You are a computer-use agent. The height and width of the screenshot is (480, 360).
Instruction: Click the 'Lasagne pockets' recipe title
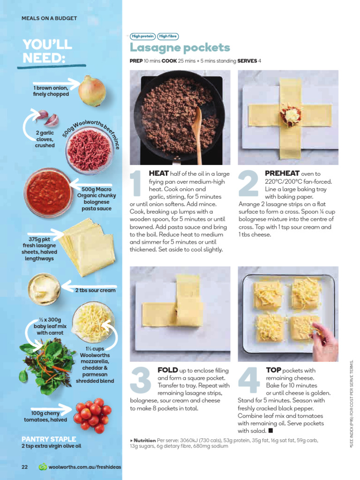tap(180, 48)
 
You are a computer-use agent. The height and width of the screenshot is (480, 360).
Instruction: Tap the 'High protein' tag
tap(143, 36)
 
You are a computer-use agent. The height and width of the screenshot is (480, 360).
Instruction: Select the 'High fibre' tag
tap(168, 36)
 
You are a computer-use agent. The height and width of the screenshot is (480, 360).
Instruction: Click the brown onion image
tap(92, 91)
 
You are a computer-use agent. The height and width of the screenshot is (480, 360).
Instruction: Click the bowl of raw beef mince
tap(89, 150)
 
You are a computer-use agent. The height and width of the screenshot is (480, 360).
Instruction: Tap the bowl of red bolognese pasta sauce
tap(48, 193)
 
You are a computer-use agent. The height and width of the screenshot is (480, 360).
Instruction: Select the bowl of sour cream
tap(44, 289)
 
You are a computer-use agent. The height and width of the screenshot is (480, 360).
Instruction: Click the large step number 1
tap(137, 189)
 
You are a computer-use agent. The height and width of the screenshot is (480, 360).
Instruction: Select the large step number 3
tap(140, 380)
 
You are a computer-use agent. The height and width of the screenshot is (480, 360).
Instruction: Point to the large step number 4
tap(249, 380)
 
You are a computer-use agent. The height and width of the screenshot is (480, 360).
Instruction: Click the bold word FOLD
tap(167, 370)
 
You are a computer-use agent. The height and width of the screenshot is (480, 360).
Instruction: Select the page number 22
tap(25, 467)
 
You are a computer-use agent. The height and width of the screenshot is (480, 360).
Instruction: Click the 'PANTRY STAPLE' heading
tap(49, 439)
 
